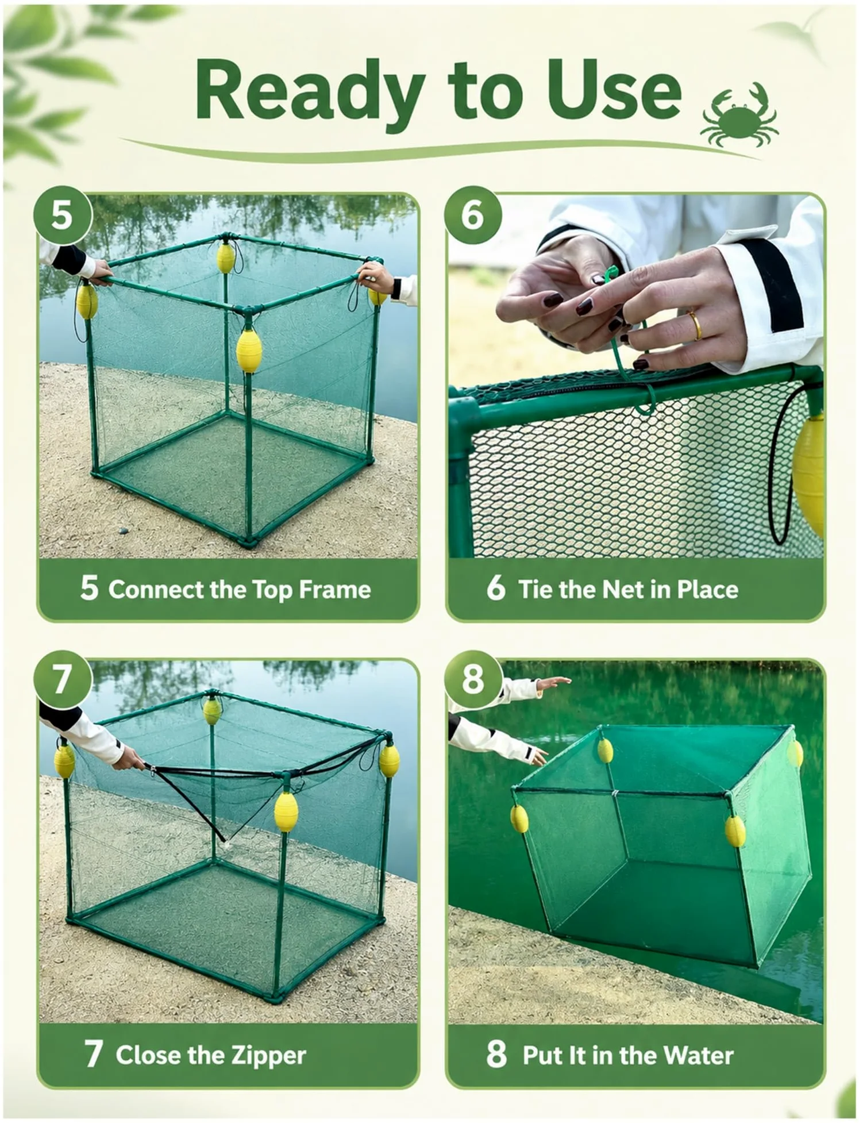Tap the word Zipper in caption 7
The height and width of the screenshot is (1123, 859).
tap(268, 1056)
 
